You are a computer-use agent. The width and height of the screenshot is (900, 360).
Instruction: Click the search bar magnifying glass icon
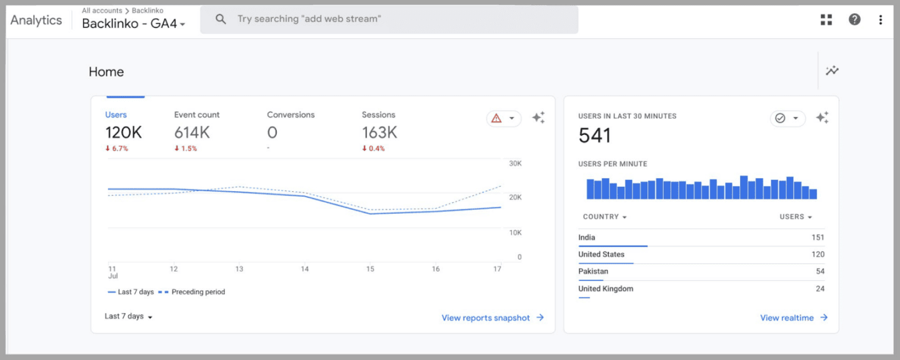[x=221, y=19]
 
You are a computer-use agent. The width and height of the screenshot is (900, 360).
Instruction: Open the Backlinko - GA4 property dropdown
[x=134, y=24]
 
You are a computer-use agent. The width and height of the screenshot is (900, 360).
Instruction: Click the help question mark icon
[x=854, y=19]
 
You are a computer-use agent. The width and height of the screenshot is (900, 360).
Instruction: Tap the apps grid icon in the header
[x=826, y=19]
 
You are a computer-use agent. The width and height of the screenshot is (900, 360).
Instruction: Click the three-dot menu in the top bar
[x=881, y=19]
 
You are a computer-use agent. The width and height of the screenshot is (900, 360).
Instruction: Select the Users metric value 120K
[x=123, y=132]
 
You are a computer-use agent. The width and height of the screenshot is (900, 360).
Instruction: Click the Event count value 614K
[x=192, y=132]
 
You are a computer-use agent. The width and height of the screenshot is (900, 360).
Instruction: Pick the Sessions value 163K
[x=379, y=132]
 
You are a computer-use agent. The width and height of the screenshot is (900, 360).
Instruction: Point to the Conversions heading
[x=291, y=115]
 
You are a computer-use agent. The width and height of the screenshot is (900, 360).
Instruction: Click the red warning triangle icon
[x=496, y=118]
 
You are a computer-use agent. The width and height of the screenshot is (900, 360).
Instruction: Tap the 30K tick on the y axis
[x=515, y=164]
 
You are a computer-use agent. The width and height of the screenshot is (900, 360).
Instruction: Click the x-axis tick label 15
[x=370, y=269]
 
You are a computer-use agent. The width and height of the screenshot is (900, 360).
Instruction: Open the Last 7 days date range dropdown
[x=129, y=316]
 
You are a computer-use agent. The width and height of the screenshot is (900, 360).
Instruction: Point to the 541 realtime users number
[x=595, y=136]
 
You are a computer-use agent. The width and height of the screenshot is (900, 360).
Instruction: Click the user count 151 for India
[x=817, y=237]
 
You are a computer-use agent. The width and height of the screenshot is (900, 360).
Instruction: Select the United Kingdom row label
[x=606, y=289]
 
